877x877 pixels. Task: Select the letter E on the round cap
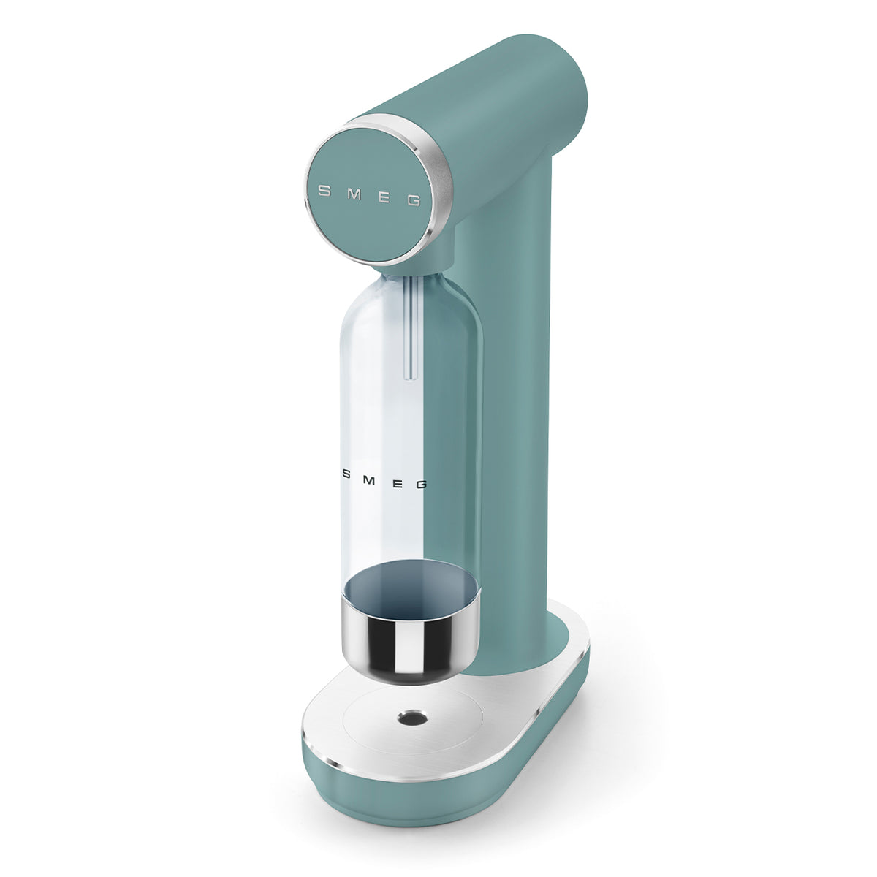click(x=385, y=197)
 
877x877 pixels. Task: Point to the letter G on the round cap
click(x=414, y=200)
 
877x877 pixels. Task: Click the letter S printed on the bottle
click(x=347, y=474)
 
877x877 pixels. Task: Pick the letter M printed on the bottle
click(x=371, y=477)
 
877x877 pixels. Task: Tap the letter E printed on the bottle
click(x=395, y=481)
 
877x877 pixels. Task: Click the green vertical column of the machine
click(x=504, y=438)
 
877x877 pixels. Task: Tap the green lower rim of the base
click(x=438, y=793)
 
